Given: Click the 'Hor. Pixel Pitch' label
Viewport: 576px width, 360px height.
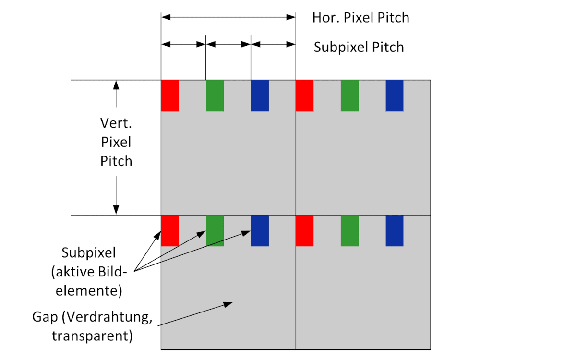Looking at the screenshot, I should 360,18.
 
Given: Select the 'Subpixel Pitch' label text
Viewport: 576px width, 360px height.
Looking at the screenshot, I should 359,47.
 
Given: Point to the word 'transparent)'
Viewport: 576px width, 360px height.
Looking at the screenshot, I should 92,336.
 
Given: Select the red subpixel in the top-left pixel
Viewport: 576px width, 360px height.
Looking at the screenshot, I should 169,96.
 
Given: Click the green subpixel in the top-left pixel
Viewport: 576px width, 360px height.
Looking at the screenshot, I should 215,96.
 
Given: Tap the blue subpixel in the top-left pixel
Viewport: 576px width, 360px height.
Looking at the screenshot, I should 260,96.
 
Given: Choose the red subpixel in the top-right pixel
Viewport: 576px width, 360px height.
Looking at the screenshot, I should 305,96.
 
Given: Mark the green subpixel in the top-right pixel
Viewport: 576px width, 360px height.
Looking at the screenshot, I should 349,96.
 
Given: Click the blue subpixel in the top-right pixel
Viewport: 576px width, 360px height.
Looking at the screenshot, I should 395,96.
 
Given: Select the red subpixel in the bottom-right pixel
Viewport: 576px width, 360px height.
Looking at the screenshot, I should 305,231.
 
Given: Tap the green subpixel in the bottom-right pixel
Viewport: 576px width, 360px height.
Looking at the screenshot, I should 349,231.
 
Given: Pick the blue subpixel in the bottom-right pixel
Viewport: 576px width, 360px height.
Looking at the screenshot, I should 395,231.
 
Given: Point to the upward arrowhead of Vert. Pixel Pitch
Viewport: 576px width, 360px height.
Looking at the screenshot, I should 116,84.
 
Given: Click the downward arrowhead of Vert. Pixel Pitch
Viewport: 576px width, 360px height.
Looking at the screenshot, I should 116,210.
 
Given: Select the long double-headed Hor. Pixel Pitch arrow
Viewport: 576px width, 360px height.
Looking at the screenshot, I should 228,17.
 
